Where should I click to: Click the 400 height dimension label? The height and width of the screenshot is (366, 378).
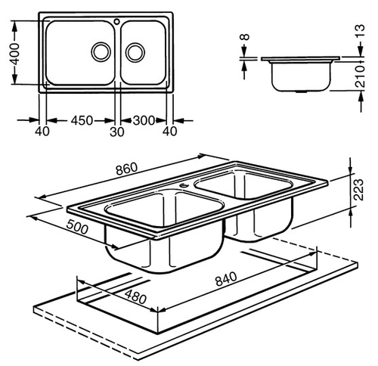click(x=15, y=54)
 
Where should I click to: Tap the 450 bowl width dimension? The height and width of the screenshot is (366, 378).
click(x=82, y=120)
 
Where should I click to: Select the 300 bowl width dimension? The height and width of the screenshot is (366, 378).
click(x=144, y=120)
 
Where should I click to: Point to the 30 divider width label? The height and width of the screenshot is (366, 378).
click(x=117, y=132)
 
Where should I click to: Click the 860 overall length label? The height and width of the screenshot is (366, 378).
click(x=127, y=169)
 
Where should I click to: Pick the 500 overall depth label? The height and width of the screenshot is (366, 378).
click(x=77, y=227)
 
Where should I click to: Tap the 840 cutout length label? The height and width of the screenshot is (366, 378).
click(x=226, y=278)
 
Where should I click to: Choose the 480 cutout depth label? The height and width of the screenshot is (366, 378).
click(x=135, y=296)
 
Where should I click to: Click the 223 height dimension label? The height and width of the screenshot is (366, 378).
click(x=359, y=190)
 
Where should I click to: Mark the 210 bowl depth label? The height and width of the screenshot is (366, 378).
click(x=361, y=76)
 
